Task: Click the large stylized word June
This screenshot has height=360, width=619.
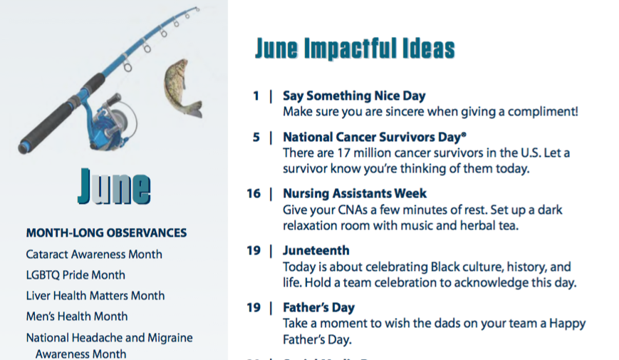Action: [114, 186]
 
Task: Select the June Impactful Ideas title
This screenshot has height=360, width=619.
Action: [355, 48]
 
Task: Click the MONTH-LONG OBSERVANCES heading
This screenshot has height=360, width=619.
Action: [106, 233]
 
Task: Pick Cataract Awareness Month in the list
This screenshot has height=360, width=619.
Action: [94, 254]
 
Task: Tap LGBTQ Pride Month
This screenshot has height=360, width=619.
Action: [76, 275]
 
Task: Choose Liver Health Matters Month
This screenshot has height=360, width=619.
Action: [95, 296]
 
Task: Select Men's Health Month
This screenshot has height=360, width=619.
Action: [77, 316]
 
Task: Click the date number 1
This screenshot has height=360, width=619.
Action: [256, 96]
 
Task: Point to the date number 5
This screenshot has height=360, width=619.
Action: [256, 137]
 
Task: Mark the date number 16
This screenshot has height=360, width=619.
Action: [254, 193]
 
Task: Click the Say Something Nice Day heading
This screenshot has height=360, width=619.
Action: [354, 96]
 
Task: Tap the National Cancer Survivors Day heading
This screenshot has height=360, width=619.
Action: [375, 137]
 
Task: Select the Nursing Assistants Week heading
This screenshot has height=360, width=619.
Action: [355, 193]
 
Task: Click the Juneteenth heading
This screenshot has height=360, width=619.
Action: [316, 250]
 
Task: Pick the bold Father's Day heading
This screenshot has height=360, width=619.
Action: [318, 307]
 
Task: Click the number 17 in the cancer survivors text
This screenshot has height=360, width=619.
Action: [343, 153]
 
